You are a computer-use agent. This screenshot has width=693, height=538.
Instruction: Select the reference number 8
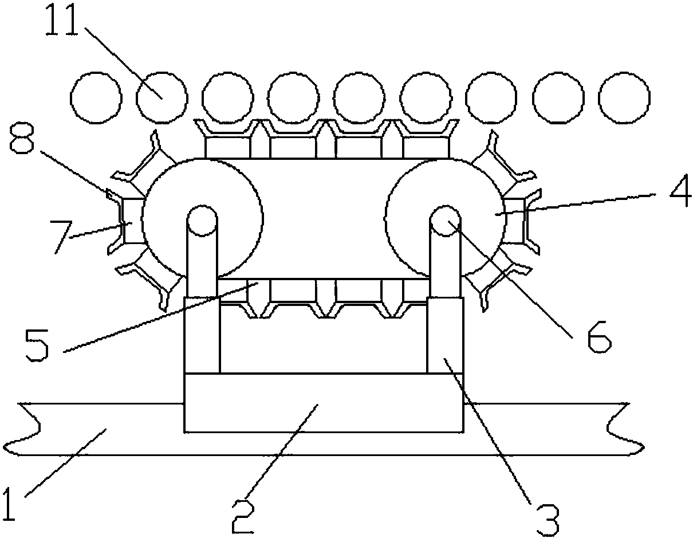point(22,139)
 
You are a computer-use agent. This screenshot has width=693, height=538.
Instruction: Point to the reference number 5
point(37,345)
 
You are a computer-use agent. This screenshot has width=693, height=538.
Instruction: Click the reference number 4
point(680,190)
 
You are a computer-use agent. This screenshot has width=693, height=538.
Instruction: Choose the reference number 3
point(548,520)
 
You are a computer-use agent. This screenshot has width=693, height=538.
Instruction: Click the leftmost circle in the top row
point(96,97)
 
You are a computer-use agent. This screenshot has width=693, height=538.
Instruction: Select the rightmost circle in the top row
point(624,97)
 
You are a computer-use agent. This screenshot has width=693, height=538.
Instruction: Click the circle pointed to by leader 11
point(162,97)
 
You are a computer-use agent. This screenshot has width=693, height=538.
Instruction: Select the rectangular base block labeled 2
point(324,403)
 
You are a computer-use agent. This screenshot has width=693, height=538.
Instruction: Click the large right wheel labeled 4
point(446,218)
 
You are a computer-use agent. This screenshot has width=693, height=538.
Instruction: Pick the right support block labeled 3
point(445,335)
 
